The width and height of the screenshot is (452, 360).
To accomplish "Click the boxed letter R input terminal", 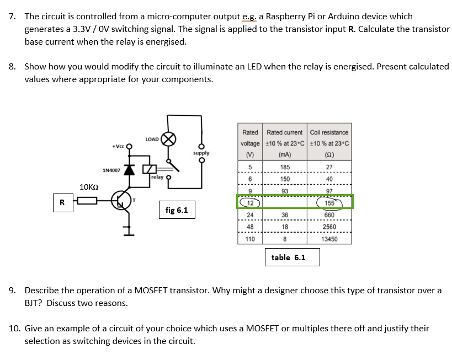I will [x=62, y=202].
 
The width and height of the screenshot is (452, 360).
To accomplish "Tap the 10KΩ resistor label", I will [x=89, y=187].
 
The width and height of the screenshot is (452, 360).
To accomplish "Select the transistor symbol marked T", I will [x=121, y=201].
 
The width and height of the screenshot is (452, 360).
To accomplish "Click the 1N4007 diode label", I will [x=111, y=170].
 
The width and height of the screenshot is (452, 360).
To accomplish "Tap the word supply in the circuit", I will [x=201, y=153].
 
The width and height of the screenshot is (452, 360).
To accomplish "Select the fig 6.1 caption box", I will [x=177, y=210].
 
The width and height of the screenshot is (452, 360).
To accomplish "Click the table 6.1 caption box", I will [x=288, y=257].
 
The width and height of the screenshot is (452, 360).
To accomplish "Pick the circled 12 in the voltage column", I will [x=249, y=203].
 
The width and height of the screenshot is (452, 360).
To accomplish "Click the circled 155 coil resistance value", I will [x=329, y=203].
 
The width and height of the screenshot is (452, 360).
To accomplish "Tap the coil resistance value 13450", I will [x=329, y=239].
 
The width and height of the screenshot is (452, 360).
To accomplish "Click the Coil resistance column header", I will [x=329, y=132].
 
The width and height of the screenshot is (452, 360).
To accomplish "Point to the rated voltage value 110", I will [x=249, y=239].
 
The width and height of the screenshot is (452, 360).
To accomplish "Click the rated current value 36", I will [x=285, y=215].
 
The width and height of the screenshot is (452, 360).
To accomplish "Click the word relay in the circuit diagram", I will [x=157, y=178].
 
